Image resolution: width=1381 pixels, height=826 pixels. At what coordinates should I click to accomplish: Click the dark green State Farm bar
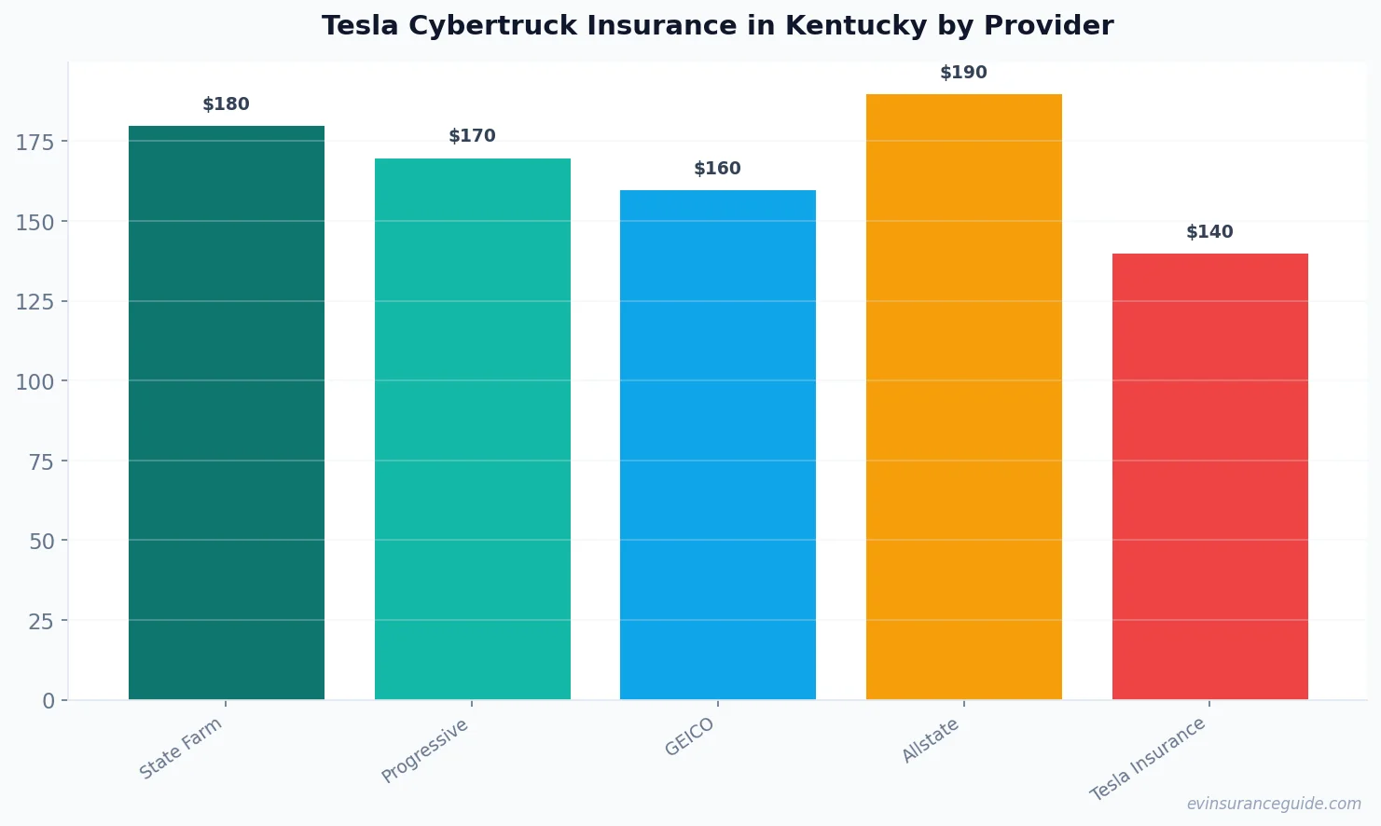pyautogui.click(x=227, y=412)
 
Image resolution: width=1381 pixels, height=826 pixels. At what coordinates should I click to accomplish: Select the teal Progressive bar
pyautogui.click(x=472, y=429)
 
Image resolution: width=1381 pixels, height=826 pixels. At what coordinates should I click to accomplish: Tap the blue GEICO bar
pyautogui.click(x=717, y=445)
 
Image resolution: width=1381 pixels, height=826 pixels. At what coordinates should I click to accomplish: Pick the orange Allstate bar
pyautogui.click(x=963, y=396)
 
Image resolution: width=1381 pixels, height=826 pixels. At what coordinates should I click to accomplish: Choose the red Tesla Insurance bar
pyautogui.click(x=1209, y=476)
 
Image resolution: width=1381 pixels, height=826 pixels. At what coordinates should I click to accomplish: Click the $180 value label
pyautogui.click(x=227, y=104)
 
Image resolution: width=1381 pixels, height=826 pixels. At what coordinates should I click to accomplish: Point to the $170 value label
pyautogui.click(x=472, y=136)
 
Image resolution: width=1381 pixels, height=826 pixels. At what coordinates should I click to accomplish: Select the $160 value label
pyautogui.click(x=717, y=169)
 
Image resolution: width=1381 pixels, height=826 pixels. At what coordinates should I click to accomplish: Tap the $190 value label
pyautogui.click(x=963, y=73)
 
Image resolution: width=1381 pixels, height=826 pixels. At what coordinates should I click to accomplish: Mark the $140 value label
pyautogui.click(x=1209, y=232)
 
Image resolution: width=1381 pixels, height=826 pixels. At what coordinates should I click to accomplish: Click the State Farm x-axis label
pyautogui.click(x=181, y=748)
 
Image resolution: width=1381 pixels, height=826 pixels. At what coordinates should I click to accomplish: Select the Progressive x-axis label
pyautogui.click(x=425, y=750)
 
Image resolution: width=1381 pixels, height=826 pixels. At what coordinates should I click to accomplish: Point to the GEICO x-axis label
pyautogui.click(x=689, y=737)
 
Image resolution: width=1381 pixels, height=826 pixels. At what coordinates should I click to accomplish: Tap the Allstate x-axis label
pyautogui.click(x=930, y=741)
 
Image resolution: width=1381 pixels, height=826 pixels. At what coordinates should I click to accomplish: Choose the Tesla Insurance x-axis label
pyautogui.click(x=1148, y=759)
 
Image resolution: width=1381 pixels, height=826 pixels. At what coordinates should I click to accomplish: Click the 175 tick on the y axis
pyautogui.click(x=35, y=142)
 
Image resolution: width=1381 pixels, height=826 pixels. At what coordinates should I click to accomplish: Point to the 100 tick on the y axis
pyautogui.click(x=35, y=381)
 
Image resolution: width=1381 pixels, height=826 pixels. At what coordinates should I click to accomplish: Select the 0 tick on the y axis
pyautogui.click(x=48, y=701)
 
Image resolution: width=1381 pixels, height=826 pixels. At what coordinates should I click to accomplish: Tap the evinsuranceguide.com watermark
pyautogui.click(x=1274, y=804)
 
